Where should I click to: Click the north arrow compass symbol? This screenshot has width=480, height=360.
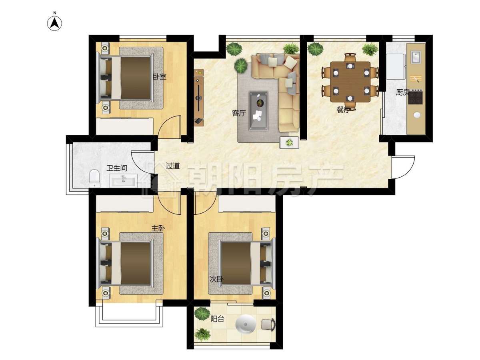54,23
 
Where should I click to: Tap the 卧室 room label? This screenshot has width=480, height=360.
160,77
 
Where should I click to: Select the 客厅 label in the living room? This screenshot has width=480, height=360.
239,113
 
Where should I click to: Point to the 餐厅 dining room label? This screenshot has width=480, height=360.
343,110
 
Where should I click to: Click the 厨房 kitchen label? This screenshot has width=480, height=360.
402,92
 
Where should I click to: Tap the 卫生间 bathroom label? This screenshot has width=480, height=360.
117,168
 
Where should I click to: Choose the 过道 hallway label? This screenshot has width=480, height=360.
172,166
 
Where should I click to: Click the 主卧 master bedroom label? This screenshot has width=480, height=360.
158,228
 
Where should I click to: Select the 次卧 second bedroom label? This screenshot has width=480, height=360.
216,279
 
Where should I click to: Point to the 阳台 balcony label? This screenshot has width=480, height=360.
217,319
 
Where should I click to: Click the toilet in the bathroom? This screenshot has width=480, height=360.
95,178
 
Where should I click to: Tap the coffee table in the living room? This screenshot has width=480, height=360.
259,111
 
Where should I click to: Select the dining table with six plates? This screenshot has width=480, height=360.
350,82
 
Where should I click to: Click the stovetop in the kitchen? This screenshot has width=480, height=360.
415,98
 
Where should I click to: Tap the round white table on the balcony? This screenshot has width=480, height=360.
246,324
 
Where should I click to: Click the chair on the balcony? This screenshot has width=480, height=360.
268,324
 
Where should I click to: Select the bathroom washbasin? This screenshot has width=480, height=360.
123,181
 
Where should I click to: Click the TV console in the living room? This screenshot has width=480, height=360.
198,98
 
